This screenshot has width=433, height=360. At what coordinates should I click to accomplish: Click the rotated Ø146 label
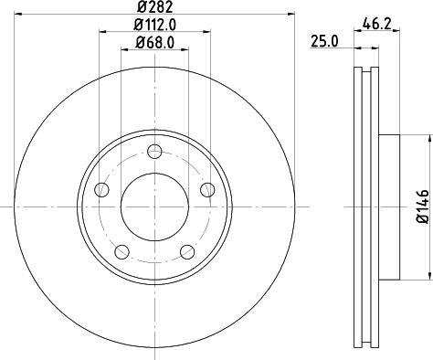click(422, 206)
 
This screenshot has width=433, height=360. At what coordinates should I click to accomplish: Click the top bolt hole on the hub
click(154, 152)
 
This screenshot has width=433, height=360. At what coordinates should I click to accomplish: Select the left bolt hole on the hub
click(101, 190)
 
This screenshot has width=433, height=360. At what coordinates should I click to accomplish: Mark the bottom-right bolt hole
click(187, 252)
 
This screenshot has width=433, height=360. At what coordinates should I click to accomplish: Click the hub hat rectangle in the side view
click(388, 206)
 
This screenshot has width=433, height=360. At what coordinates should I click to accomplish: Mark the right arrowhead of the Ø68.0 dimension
click(186, 48)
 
